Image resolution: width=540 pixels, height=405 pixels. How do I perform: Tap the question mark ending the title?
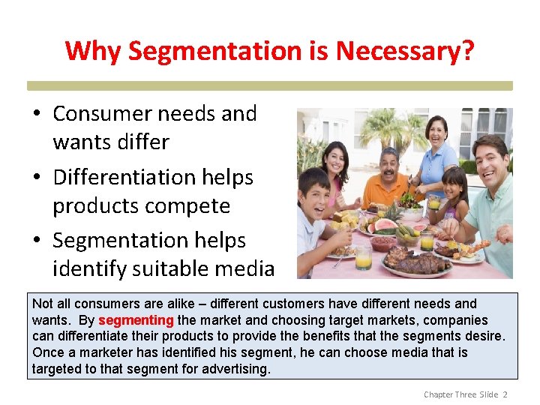pos(468,52)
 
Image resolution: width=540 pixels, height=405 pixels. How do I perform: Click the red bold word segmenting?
pos(136,320)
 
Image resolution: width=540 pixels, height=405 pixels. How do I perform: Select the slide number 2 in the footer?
pos(505,394)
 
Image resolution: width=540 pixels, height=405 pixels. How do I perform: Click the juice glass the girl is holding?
pos(434,202)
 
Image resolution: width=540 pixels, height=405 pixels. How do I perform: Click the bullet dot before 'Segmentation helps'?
pos(37,241)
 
